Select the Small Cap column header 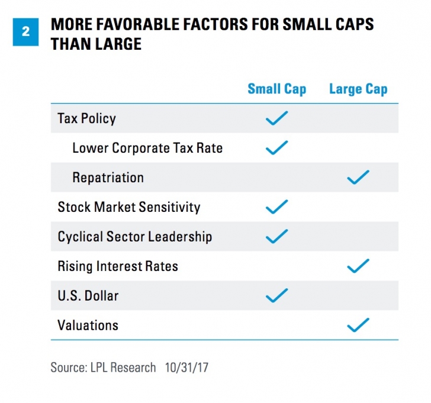coord(276,89)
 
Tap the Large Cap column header coord(358,89)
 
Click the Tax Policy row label coord(86,118)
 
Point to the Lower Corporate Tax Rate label coord(147,148)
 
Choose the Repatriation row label coord(108,178)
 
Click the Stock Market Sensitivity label coord(128,207)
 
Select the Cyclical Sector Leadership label coord(134,237)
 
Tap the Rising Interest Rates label coord(117,266)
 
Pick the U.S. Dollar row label coord(88,295)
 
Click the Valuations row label coord(88,325)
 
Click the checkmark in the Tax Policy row coord(276,118)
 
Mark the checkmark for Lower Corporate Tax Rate coord(276,147)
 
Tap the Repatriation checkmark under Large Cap coord(358,177)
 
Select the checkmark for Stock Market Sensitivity coord(276,207)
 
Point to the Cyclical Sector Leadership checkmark coord(276,236)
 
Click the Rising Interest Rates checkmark coord(358,266)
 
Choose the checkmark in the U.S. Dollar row coord(276,295)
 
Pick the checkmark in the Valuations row coord(358,324)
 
